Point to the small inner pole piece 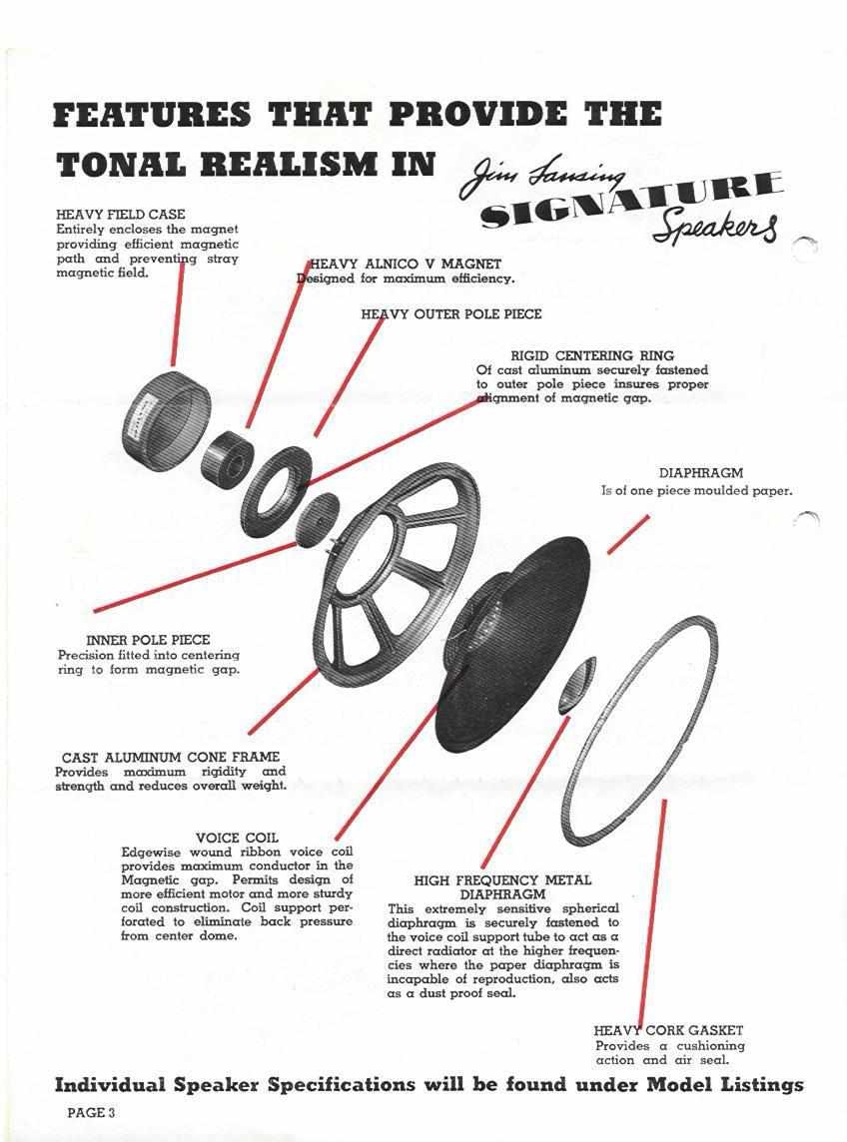317,518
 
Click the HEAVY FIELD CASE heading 120,214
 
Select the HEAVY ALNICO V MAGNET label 406,264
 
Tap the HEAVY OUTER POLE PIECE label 451,313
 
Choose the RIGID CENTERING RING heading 592,355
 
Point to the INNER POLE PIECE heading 148,640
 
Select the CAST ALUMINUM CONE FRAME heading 171,757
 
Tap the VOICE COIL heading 237,838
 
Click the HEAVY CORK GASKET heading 668,1030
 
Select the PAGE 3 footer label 91,1112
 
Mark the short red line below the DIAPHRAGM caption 627,535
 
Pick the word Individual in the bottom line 109,1084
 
